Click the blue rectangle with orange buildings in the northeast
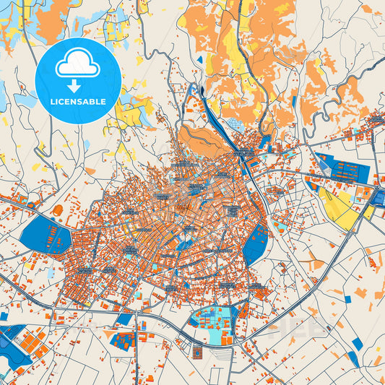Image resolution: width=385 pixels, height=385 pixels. (344, 168)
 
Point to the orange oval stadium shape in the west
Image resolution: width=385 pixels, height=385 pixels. (59, 211)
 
